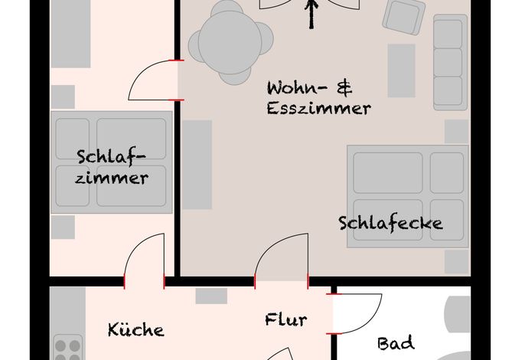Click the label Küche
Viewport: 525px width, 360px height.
pos(136,329)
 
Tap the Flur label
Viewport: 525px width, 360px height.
pos(285,319)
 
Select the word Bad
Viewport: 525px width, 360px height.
pos(396,344)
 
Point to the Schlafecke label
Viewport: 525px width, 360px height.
pos(390,223)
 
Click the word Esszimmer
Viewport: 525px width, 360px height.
pos(318,108)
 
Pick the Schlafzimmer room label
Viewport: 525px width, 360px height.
pos(112,167)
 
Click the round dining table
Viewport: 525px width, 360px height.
pos(230,42)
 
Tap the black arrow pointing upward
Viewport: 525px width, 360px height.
pos(311,14)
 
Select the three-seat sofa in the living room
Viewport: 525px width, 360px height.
pos(450,62)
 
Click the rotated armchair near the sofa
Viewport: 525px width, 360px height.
pos(403,16)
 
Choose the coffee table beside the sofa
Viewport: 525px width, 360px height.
pos(402,70)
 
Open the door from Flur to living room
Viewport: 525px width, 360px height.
pos(265,248)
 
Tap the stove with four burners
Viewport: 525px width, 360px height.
pos(68,348)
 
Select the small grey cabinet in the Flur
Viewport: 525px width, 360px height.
pos(211,296)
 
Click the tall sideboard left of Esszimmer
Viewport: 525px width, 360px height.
pos(197,165)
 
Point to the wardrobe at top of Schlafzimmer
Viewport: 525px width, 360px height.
pos(70,34)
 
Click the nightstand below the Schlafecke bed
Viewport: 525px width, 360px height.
pos(457,262)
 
